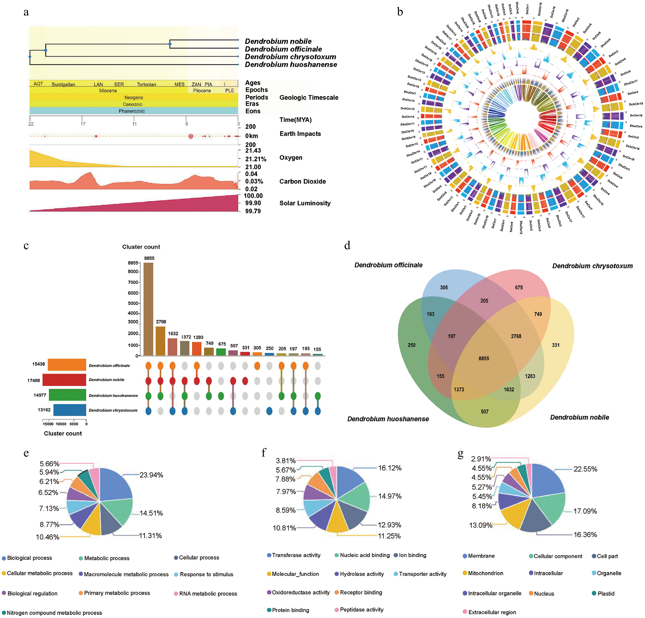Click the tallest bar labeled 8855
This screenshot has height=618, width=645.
tap(148, 309)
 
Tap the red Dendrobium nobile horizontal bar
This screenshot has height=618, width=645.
tap(64, 380)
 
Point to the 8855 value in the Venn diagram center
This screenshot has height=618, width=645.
tap(484, 358)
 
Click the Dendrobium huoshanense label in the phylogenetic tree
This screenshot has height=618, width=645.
tap(291, 64)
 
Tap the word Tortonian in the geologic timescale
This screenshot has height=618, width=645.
tap(146, 84)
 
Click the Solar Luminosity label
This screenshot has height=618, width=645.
tap(305, 203)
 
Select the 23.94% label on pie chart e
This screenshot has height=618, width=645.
tap(151, 475)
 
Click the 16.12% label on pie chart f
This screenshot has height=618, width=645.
tap(390, 468)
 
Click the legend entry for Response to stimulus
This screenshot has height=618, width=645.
tap(206, 574)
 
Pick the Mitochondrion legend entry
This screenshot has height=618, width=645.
tap(485, 573)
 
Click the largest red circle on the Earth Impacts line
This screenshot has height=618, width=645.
tap(191, 136)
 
